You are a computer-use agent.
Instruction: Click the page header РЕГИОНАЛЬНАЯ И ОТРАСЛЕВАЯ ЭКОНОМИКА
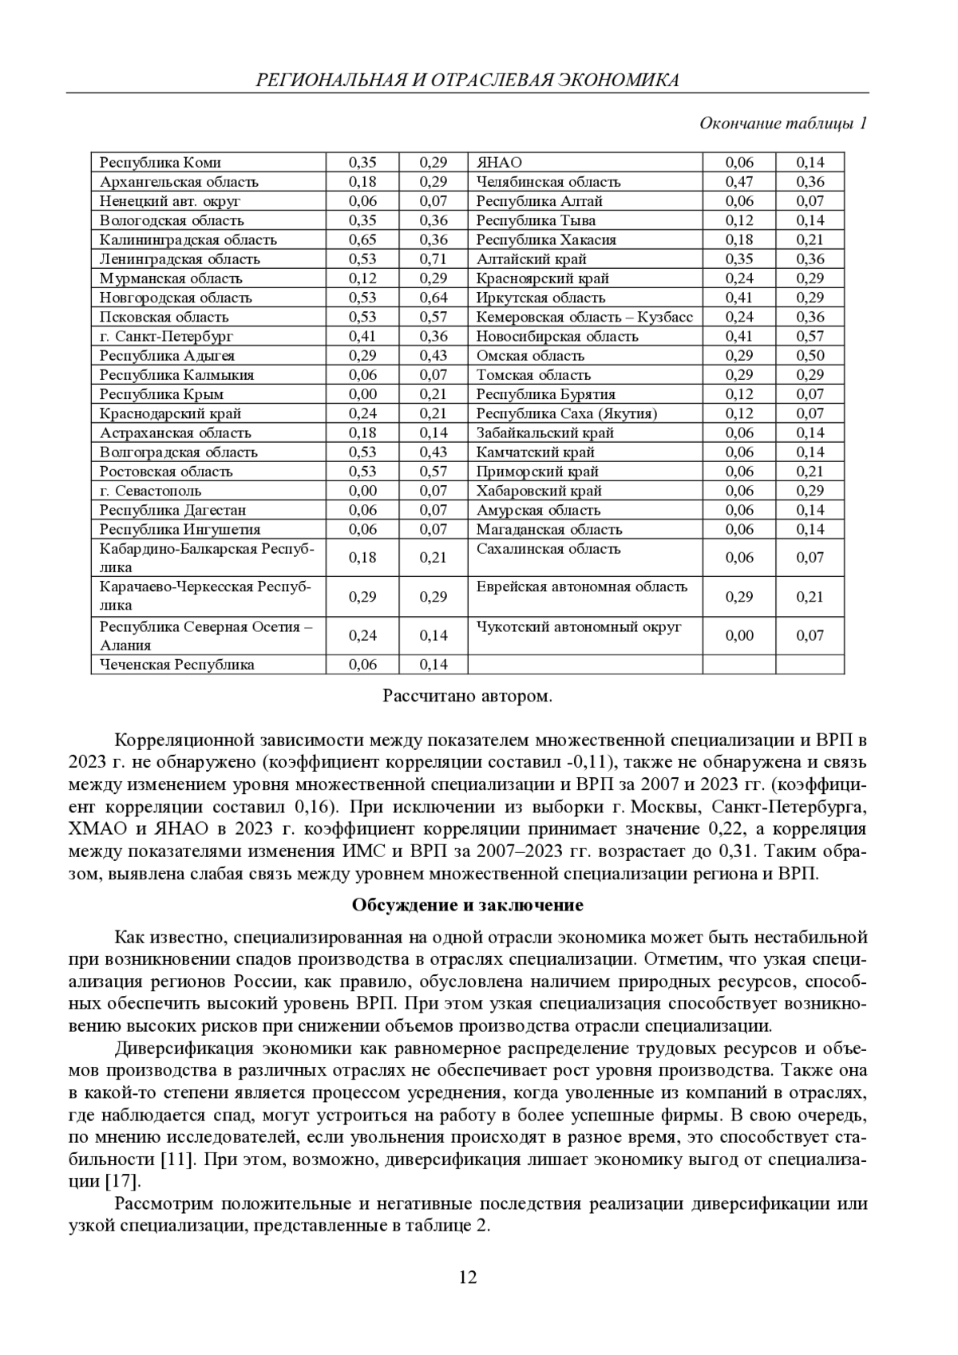pos(467,80)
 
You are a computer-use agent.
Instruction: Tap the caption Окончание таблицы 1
pos(782,123)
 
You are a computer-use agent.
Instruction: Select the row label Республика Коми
pos(160,163)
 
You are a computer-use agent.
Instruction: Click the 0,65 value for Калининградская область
pos(362,240)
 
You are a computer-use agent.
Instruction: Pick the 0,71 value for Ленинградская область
pos(433,259)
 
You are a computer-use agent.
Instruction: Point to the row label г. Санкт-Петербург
pos(166,337)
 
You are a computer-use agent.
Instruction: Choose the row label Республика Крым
pos(161,394)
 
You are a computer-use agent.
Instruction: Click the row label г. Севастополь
pos(150,491)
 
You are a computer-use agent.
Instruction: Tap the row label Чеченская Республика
pos(176,665)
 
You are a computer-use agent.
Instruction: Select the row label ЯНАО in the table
pos(499,163)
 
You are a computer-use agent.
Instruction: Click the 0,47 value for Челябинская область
pos(738,182)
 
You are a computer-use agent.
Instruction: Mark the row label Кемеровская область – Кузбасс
pos(584,317)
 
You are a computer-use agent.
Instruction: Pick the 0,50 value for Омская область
pos(810,356)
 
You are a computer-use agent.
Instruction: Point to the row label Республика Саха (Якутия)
pos(567,413)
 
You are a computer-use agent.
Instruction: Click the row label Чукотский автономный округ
pos(579,627)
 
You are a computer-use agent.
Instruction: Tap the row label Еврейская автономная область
pos(581,587)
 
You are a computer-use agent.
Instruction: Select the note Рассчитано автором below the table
pos(467,696)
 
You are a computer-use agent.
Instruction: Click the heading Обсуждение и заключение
pos(467,905)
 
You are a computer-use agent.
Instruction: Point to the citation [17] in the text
pos(123,1181)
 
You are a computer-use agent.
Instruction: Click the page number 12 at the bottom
pos(468,1278)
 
